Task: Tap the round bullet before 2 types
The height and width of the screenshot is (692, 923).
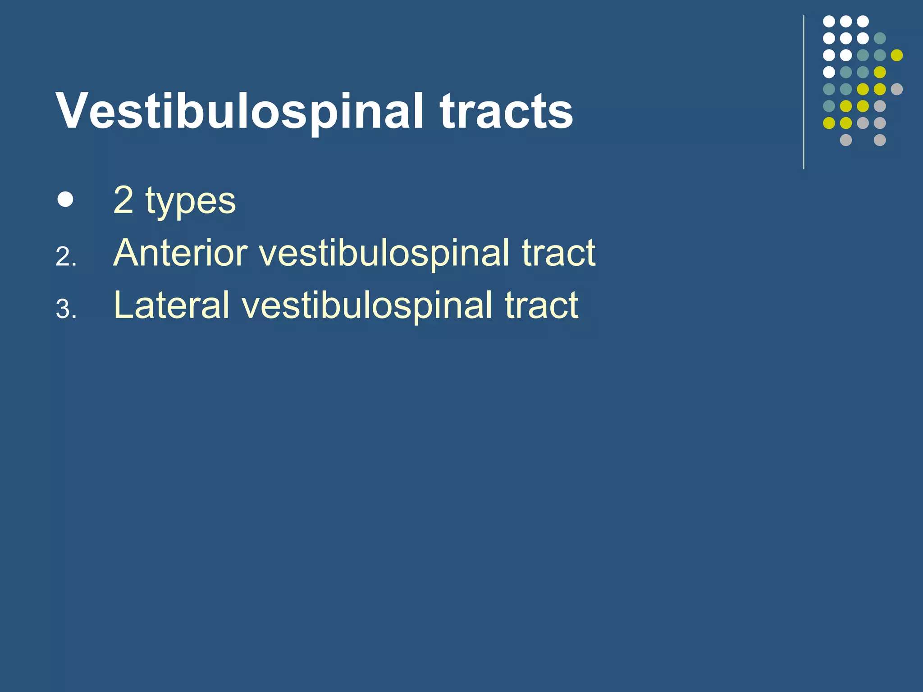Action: (65, 199)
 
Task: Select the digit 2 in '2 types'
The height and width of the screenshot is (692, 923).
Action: (123, 200)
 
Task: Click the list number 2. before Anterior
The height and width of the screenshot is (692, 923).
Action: (66, 258)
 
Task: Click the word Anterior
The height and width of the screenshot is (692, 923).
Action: (180, 253)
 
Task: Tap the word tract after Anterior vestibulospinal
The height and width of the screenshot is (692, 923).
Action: (558, 253)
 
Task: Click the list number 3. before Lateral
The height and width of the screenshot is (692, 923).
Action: (66, 310)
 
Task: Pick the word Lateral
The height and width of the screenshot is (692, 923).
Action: (172, 305)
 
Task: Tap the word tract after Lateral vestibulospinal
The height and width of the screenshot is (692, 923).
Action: (541, 305)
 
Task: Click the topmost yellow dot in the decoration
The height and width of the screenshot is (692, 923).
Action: (896, 55)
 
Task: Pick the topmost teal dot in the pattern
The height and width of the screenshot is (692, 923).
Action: (879, 38)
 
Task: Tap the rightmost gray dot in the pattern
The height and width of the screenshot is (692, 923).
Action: (896, 89)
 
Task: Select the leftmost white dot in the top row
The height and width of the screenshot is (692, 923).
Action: (829, 21)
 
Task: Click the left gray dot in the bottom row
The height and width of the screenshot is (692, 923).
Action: (846, 140)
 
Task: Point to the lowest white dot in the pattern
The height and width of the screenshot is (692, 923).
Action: (829, 72)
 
